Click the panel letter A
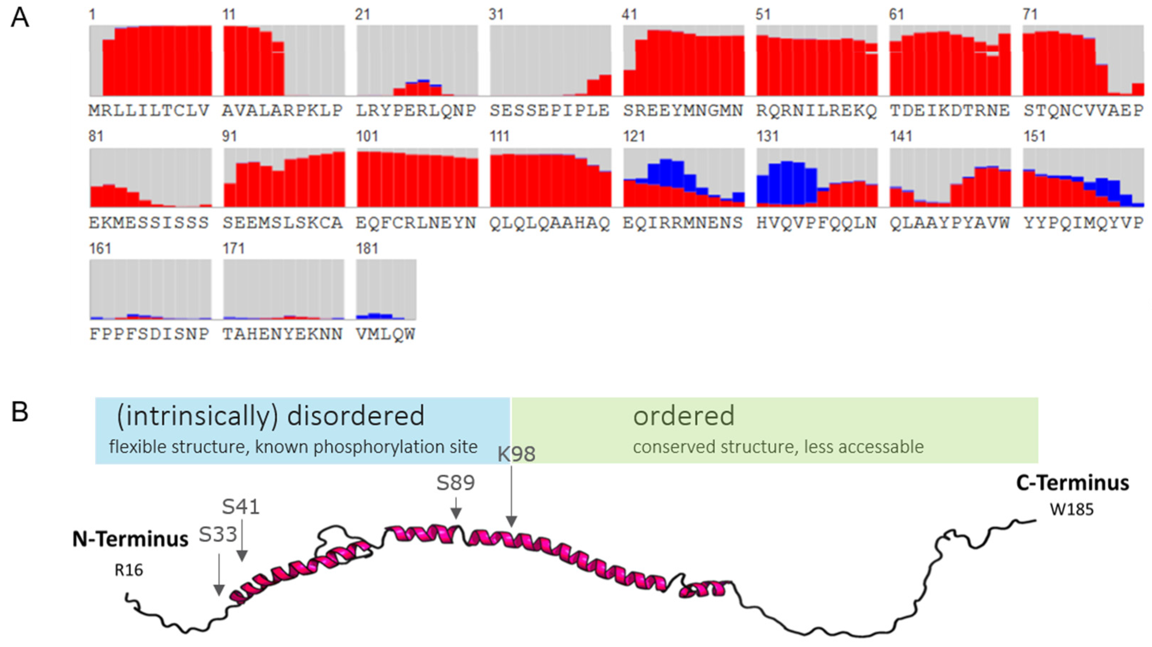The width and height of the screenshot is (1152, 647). (x=20, y=19)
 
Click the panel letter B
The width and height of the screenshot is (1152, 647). (x=20, y=412)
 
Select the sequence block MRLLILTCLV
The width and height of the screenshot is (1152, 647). (x=149, y=111)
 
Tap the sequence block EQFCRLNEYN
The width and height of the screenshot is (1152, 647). (x=416, y=223)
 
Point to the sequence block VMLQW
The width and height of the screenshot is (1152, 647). (x=386, y=334)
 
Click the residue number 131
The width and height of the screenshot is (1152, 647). (x=768, y=136)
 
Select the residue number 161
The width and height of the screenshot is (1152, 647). (x=100, y=249)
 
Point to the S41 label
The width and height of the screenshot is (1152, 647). (x=240, y=507)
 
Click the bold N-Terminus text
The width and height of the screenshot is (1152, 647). (x=130, y=539)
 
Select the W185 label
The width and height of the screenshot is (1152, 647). (x=1072, y=510)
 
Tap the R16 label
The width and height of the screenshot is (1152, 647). (x=129, y=571)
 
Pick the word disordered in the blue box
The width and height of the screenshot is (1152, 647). (x=356, y=416)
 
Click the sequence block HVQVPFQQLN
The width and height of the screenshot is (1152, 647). (x=816, y=223)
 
